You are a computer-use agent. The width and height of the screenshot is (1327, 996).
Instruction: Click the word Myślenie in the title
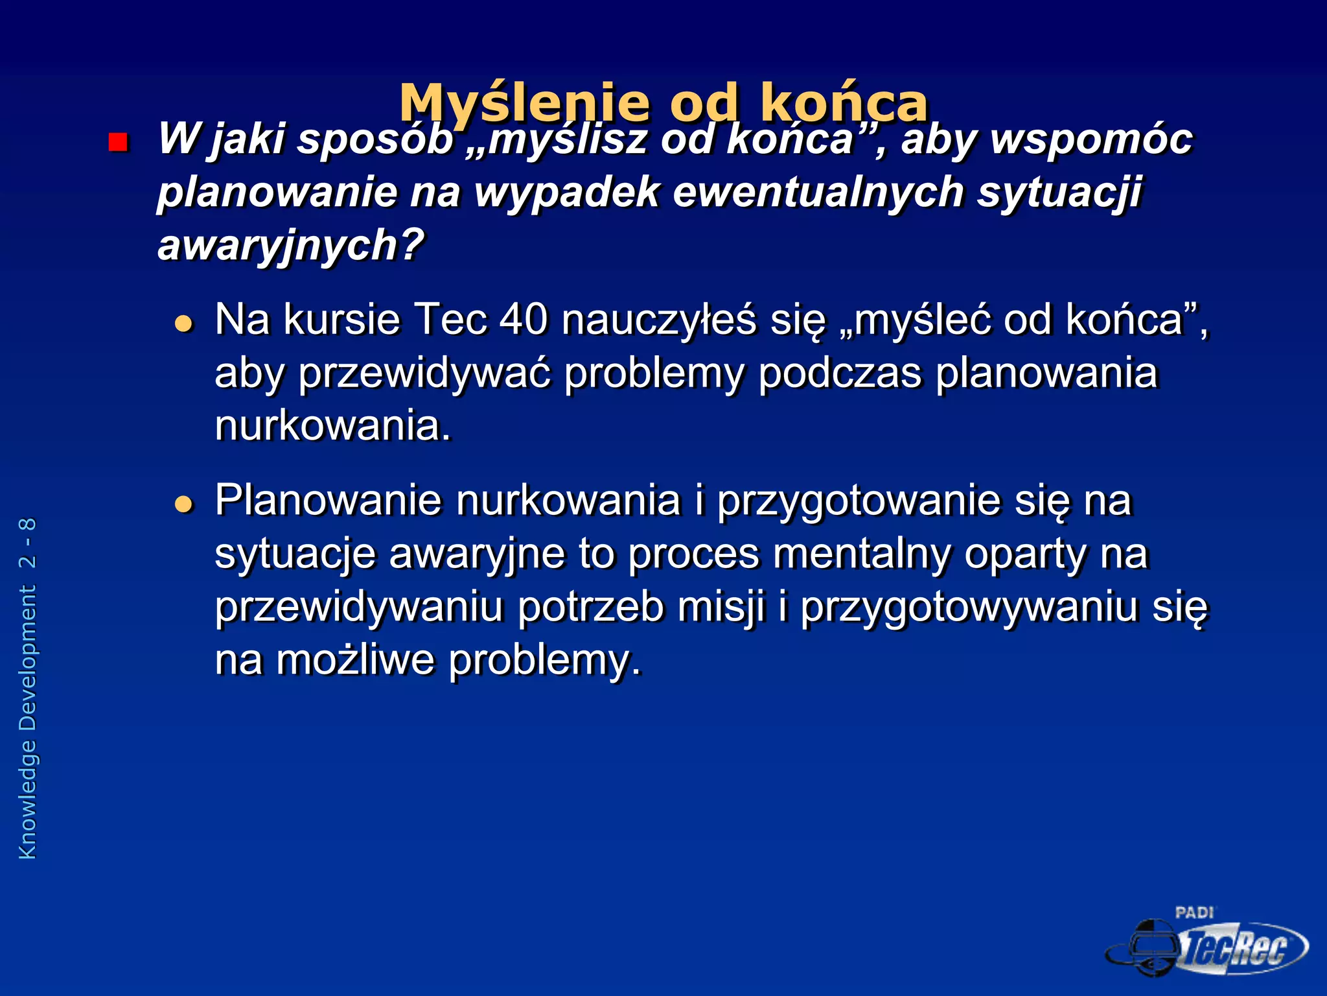pos(524,104)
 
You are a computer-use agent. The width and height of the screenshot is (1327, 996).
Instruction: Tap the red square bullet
pos(118,141)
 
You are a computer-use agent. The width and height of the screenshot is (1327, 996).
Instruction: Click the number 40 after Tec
pos(524,320)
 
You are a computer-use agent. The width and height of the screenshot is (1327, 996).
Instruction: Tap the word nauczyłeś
pos(658,320)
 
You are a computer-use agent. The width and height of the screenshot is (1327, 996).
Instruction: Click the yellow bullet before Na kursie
pos(184,324)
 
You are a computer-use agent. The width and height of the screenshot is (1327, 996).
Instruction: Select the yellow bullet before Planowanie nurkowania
pos(184,504)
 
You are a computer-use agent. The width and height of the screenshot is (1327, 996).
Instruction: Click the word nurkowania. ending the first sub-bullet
pos(332,426)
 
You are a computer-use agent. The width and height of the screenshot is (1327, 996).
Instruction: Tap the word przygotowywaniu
pos(969,608)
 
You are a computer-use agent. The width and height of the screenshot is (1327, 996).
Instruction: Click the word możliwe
pos(355,660)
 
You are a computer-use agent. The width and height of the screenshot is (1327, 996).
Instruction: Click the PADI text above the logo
pos(1194,912)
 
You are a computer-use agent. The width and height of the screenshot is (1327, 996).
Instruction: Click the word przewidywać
pos(424,373)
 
